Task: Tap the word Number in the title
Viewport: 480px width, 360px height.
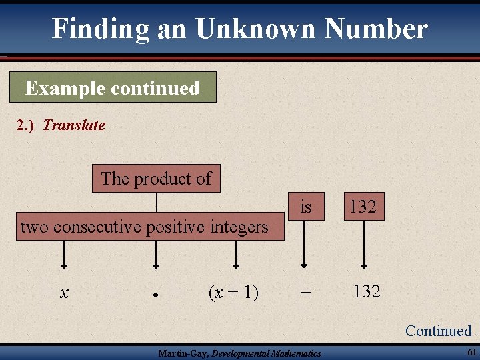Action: coord(377,29)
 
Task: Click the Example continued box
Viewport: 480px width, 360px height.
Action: coord(113,87)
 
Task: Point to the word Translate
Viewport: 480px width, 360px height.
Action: coord(74,125)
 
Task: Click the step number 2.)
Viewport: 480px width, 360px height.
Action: coord(27,125)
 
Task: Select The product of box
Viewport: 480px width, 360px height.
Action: coord(156,179)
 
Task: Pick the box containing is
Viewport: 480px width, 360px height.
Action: coord(305,207)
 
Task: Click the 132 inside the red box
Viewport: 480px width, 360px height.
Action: coord(363,207)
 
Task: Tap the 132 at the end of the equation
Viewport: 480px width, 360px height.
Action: coord(367,291)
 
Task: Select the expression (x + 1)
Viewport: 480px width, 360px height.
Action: coord(233,292)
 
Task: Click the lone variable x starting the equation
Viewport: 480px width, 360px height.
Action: coord(64,293)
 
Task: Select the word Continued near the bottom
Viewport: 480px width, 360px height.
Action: coord(438,331)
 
